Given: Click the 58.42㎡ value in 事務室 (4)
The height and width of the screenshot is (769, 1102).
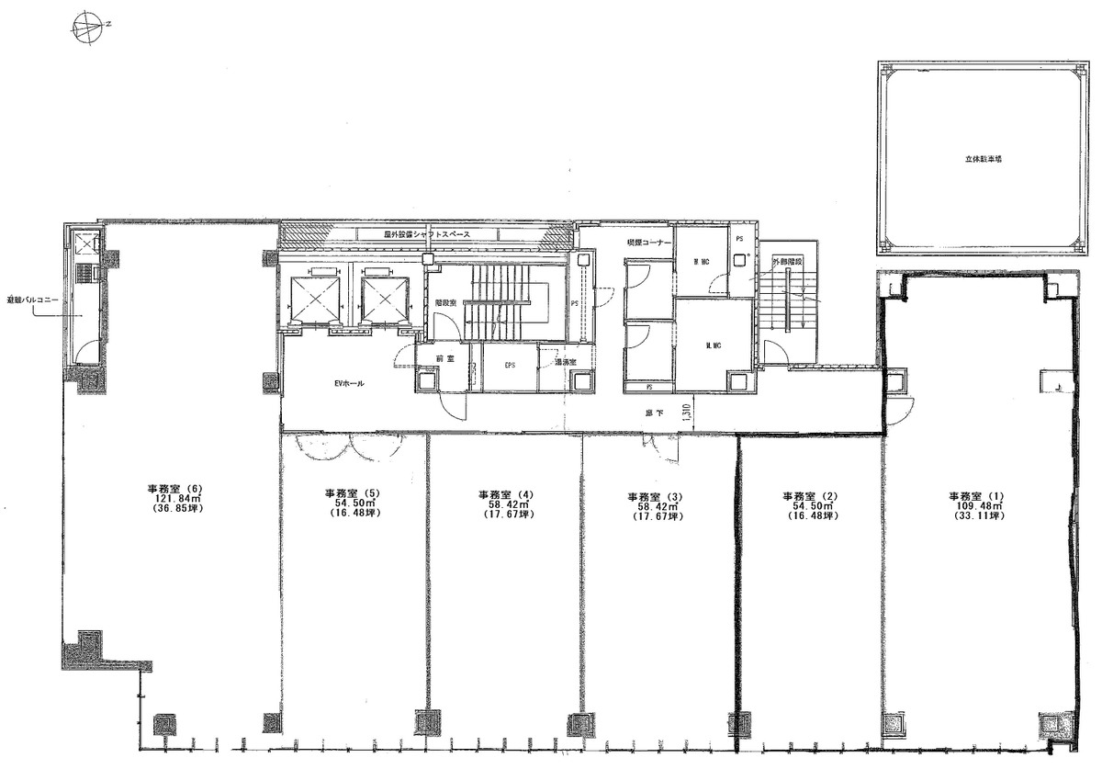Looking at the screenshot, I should click(x=505, y=505).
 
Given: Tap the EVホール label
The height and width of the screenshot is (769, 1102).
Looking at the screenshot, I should click(x=347, y=384).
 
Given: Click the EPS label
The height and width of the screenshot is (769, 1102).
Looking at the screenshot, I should click(x=510, y=366).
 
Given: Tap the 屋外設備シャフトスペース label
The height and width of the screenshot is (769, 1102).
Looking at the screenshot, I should click(x=427, y=235).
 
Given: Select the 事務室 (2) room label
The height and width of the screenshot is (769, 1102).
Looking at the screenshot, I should click(x=810, y=494).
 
